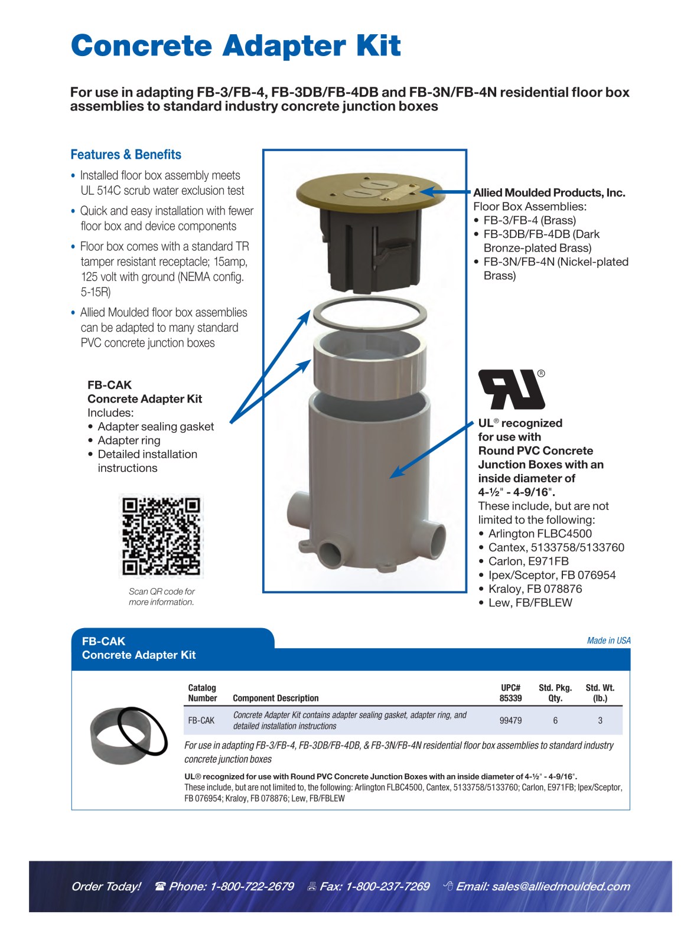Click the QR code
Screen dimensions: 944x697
[161, 535]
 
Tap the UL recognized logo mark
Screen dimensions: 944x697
[511, 390]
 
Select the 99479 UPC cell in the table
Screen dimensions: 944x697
[510, 720]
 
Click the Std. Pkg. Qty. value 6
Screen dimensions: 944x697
[555, 720]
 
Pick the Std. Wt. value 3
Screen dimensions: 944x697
[600, 720]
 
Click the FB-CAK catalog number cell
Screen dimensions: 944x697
[201, 720]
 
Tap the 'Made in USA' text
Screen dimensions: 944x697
[608, 641]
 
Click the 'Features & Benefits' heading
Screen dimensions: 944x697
[126, 155]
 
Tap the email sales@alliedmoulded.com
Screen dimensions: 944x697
[543, 886]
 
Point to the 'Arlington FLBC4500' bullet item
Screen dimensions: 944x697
[539, 534]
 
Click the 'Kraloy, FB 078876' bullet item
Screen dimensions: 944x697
[535, 589]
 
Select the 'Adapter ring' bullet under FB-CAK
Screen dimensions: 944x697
[129, 440]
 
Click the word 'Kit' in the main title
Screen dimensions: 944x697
[377, 46]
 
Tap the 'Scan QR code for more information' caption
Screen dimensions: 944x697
[161, 597]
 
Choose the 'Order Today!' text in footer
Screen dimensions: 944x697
[106, 886]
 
